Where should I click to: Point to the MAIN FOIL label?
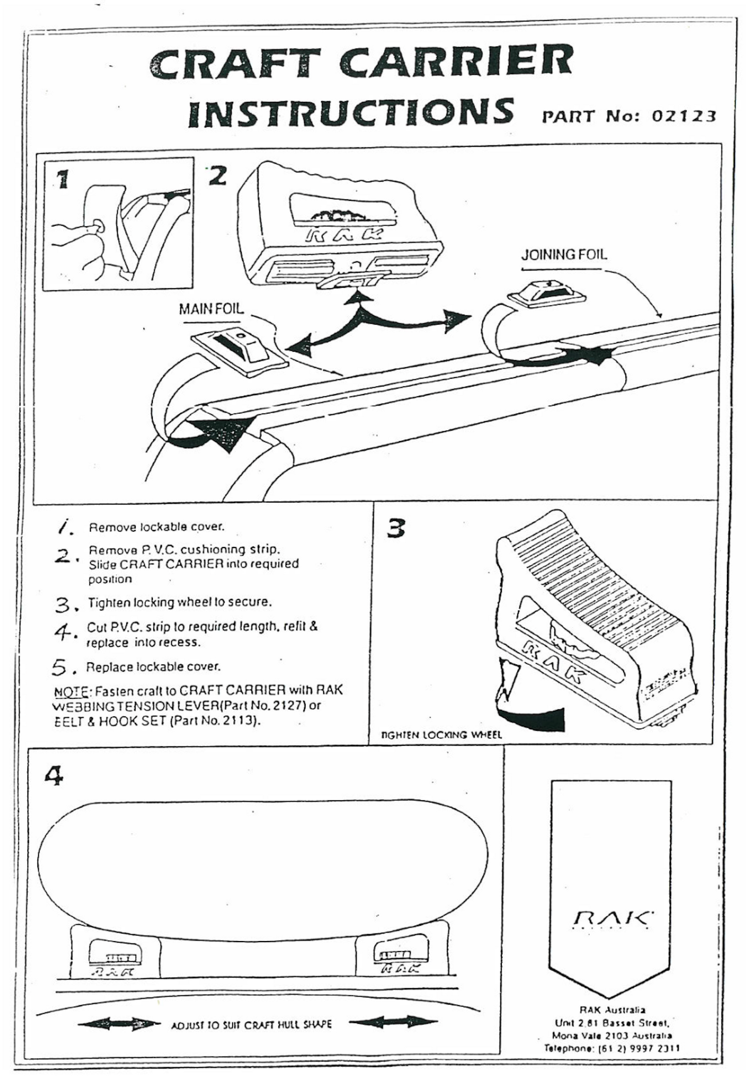tap(211, 309)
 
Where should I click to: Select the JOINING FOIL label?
tap(564, 255)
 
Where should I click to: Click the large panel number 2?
tap(217, 176)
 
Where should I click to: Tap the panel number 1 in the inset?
tap(62, 179)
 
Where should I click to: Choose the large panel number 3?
tap(396, 528)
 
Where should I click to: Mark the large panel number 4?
tap(54, 775)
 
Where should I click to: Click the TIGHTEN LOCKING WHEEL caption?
tap(441, 735)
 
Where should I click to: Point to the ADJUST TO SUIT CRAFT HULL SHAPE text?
tap(251, 1024)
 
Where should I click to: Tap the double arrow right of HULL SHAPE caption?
tap(394, 1022)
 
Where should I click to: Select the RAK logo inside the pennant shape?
tap(613, 919)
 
